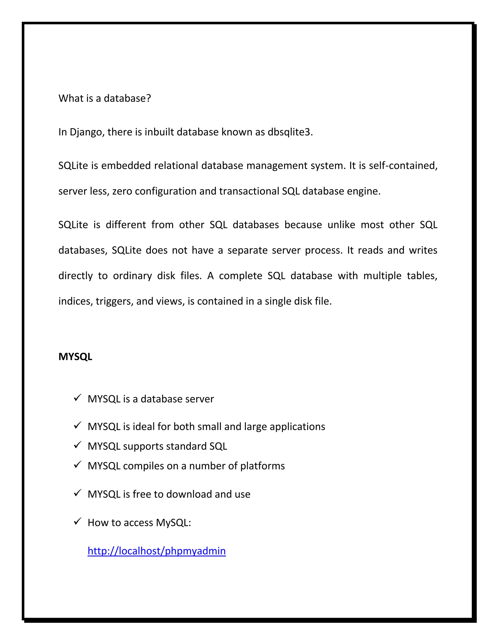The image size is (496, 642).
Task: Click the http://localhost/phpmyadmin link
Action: [x=157, y=551]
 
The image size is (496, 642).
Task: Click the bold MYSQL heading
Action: [x=75, y=357]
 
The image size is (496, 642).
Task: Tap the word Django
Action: [x=87, y=132]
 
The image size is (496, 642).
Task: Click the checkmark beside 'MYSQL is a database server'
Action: [x=77, y=398]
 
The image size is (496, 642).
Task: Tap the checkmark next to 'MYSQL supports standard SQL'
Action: [x=77, y=445]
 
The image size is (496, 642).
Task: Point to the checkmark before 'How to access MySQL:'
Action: [x=77, y=522]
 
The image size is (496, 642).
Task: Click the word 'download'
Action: [x=189, y=494]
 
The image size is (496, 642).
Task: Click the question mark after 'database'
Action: [x=148, y=98]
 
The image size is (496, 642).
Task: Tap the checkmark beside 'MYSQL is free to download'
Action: [x=77, y=493]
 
